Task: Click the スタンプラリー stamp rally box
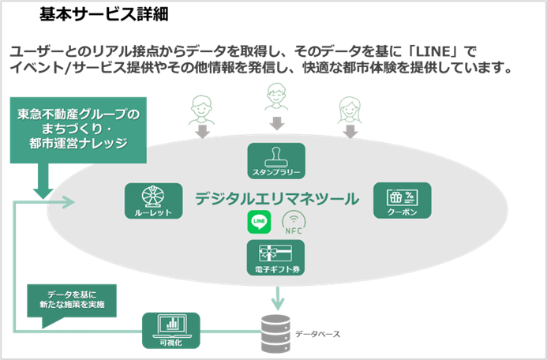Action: pos(275,160)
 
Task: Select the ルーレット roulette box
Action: pos(154,201)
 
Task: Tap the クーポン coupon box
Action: pos(402,201)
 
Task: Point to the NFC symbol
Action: pos(293,223)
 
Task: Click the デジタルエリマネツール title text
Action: pos(276,198)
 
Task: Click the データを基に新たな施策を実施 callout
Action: pos(71,299)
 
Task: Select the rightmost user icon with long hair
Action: pos(349,107)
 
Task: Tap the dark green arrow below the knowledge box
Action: pos(43,189)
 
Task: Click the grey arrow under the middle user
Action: pos(276,124)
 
